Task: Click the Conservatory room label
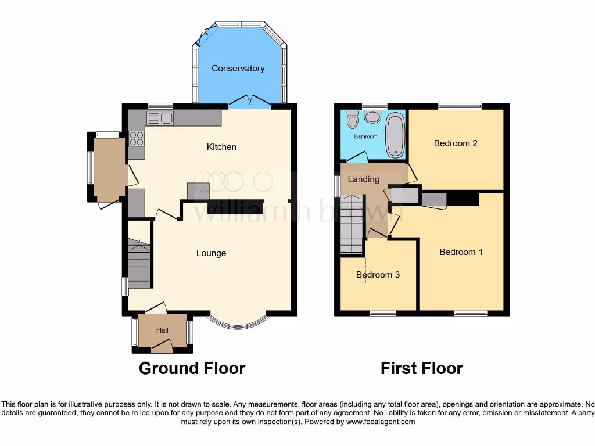click(238, 69)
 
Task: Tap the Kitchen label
click(221, 147)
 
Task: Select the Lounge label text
click(211, 253)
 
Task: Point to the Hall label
click(162, 330)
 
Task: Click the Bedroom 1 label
click(461, 252)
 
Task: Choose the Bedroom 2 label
click(456, 143)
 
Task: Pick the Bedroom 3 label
click(378, 275)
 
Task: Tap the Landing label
click(363, 179)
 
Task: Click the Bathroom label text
click(366, 137)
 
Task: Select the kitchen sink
click(160, 118)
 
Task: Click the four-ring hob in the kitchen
click(137, 138)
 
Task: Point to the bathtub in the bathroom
click(395, 135)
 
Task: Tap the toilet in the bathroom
click(352, 119)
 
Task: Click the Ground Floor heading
click(192, 368)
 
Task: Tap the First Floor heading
click(421, 368)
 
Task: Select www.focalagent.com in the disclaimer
click(380, 422)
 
